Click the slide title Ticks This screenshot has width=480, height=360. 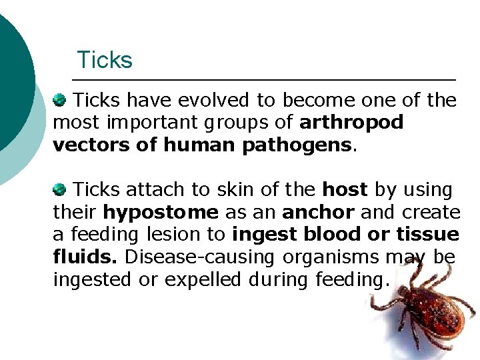(x=105, y=60)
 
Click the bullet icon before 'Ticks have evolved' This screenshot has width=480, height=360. (x=59, y=100)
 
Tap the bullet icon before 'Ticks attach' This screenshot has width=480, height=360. (x=59, y=189)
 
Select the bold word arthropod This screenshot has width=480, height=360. (x=352, y=123)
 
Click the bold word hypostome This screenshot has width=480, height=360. (x=161, y=213)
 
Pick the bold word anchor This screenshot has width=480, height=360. (x=315, y=213)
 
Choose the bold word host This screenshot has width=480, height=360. (x=345, y=190)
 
